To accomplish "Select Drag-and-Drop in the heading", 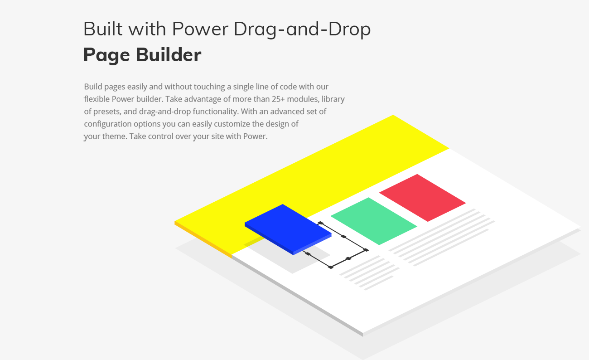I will point(302,29).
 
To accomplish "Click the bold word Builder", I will point(169,55).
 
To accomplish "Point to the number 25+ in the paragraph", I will point(261,99).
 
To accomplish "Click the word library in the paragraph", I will point(333,99).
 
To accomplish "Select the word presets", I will point(106,112).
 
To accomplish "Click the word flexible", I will point(97,99).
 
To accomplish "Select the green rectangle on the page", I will point(373,221).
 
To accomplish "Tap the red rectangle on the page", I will point(422,197).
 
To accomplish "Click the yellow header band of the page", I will point(317,172).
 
